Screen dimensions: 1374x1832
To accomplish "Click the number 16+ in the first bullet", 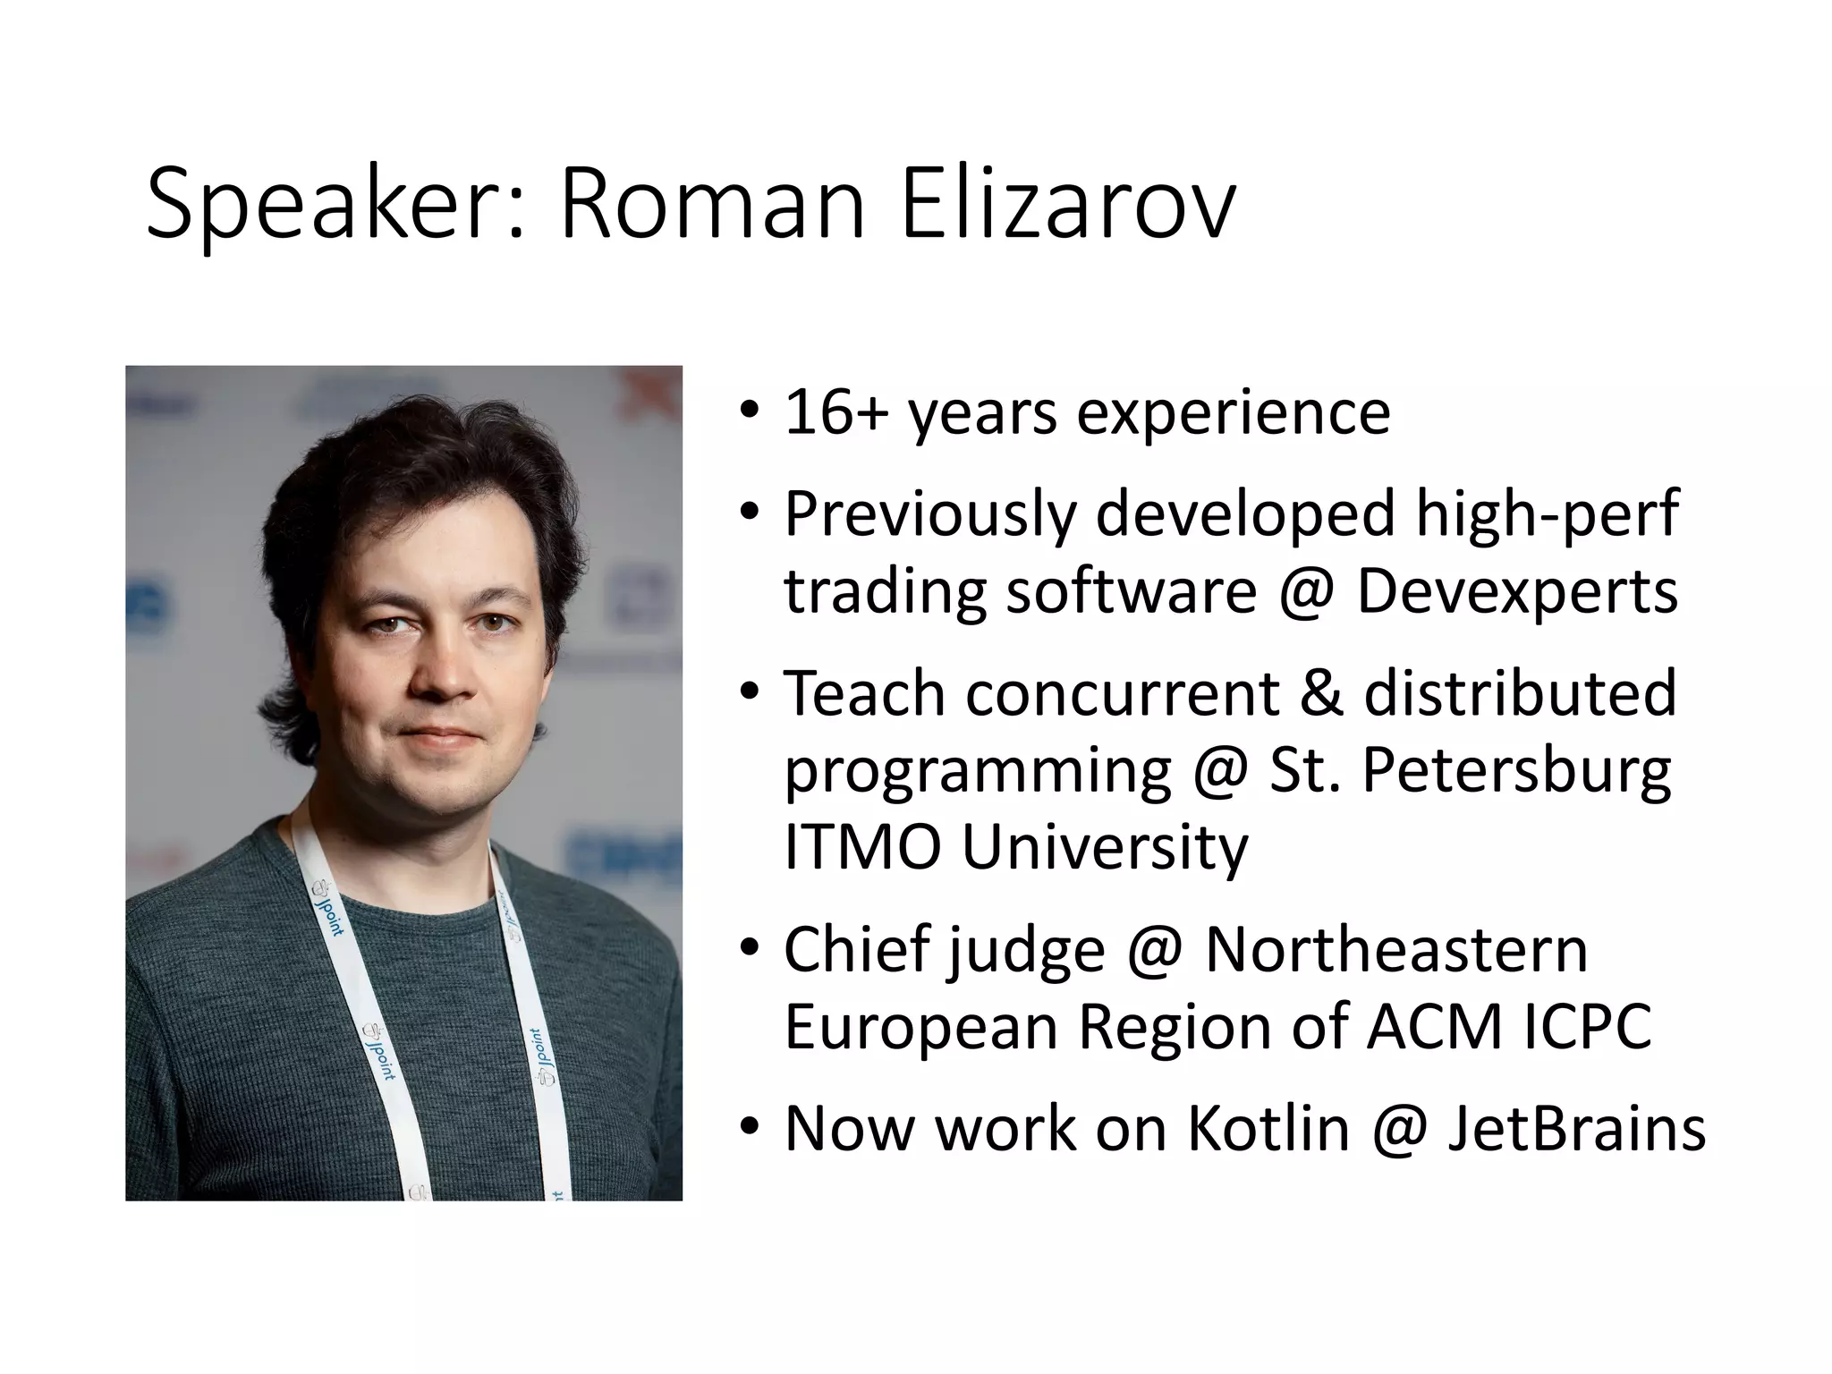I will click(835, 412).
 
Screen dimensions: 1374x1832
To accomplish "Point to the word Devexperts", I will click(1517, 591).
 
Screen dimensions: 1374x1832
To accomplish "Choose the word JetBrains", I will click(1576, 1129).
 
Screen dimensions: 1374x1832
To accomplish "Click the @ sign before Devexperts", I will click(1307, 593).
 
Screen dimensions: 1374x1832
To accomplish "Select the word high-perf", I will click(1547, 515).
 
